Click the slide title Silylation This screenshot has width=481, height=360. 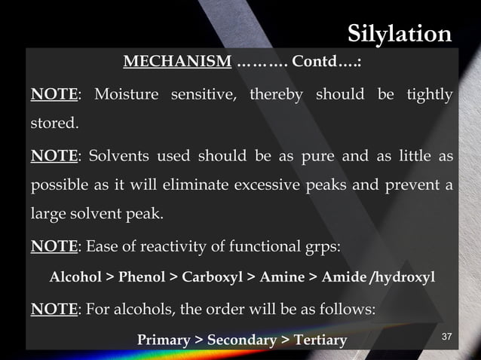pos(400,34)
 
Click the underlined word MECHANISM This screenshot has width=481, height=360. pos(176,62)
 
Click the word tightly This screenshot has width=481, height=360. pos(428,96)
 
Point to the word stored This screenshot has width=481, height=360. pos(54,122)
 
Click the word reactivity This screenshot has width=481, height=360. pos(160,247)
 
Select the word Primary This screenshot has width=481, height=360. pos(163,340)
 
